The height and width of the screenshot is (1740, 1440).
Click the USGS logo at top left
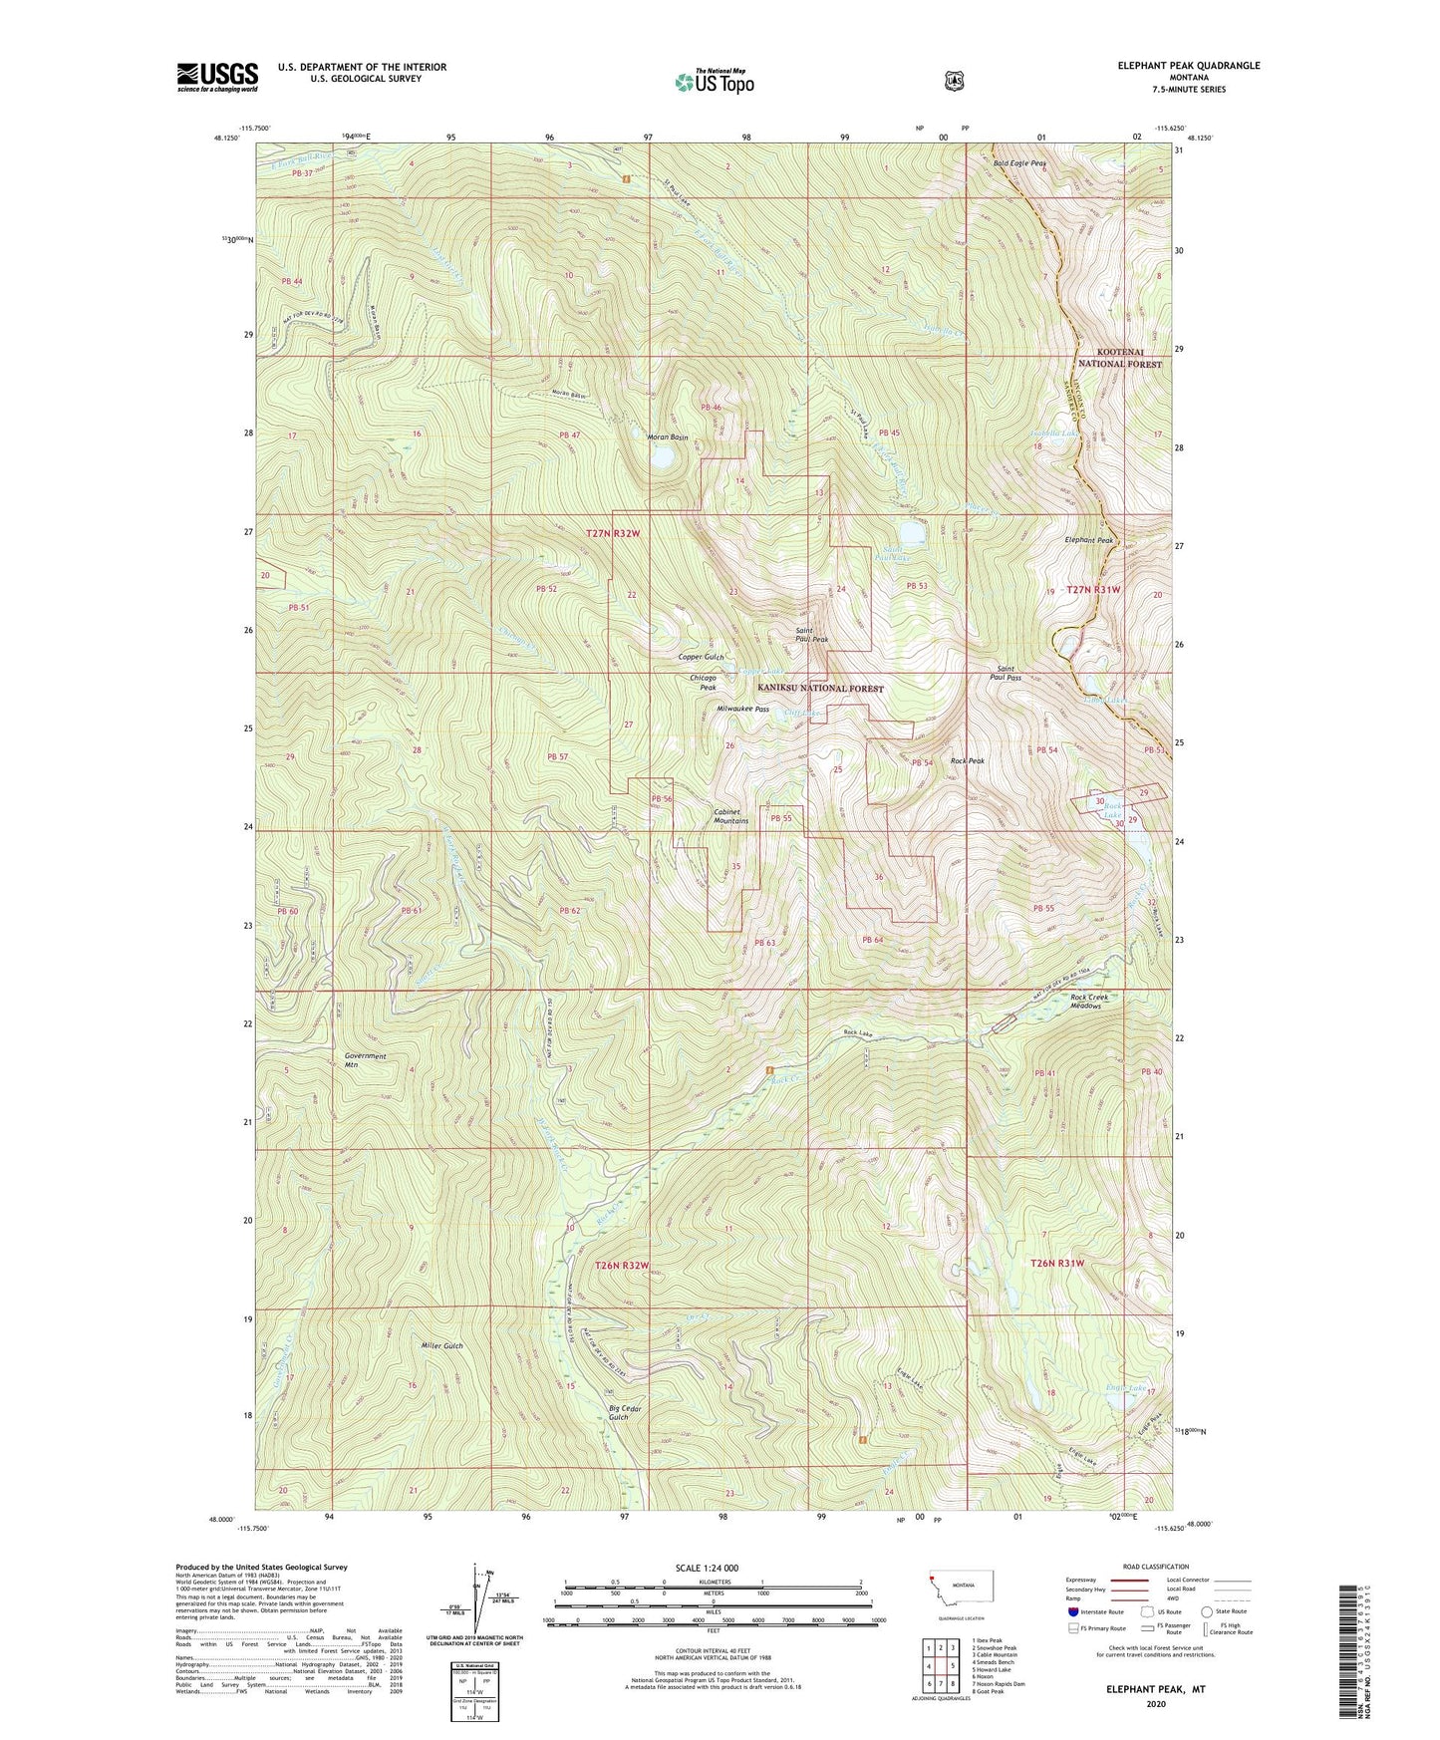217,77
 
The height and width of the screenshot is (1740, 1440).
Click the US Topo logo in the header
713,82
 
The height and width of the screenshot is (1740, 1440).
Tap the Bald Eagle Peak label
1019,162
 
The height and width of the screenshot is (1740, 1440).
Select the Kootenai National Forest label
1120,358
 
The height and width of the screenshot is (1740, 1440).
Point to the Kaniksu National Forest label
820,689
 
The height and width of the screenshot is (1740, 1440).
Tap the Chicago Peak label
703,683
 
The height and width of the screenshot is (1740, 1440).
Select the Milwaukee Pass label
742,710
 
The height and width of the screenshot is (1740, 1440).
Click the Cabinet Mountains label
731,816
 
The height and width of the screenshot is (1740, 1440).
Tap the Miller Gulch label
439,1345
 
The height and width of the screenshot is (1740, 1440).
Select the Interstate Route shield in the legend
1072,1610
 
